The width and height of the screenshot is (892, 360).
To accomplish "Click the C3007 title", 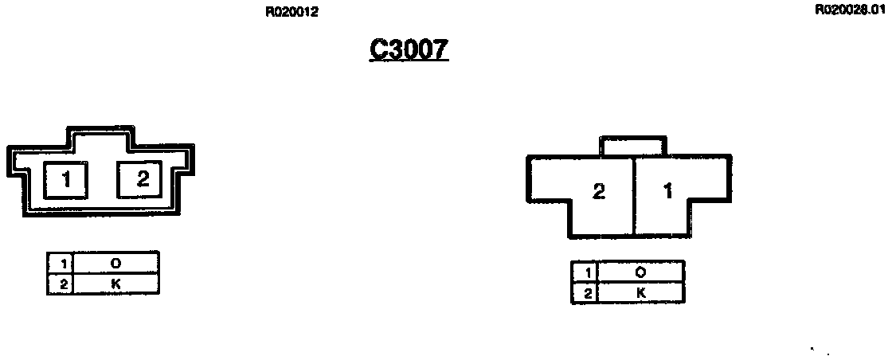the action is pyautogui.click(x=409, y=49).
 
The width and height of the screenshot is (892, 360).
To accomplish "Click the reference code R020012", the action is pyautogui.click(x=292, y=12).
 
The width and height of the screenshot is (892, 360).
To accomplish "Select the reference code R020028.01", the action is pyautogui.click(x=850, y=10).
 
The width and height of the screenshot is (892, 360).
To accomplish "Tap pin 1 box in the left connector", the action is pyautogui.click(x=66, y=179).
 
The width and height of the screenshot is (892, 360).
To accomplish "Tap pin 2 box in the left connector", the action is pyautogui.click(x=143, y=179).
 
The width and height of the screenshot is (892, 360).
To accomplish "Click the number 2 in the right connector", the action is pyautogui.click(x=598, y=191).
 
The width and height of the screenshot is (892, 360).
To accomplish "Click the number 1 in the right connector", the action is pyautogui.click(x=667, y=191).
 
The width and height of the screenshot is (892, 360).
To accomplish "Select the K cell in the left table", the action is pyautogui.click(x=115, y=283).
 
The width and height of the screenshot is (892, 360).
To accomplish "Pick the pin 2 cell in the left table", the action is pyautogui.click(x=61, y=283).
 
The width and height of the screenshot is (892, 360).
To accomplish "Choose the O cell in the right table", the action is pyautogui.click(x=640, y=272).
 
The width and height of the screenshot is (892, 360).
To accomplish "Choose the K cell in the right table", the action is pyautogui.click(x=640, y=292).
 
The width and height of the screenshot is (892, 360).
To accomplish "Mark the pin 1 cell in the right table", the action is pyautogui.click(x=585, y=272).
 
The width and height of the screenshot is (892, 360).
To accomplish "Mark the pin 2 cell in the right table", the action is pyautogui.click(x=585, y=292).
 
